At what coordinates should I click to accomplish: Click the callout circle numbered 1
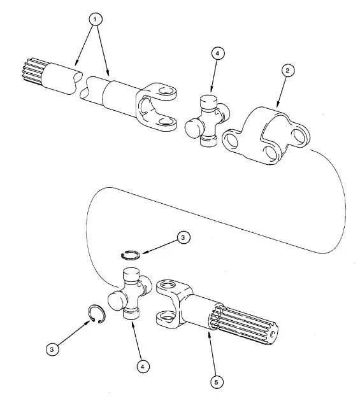coord(95,19)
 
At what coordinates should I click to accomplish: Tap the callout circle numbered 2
coord(287,70)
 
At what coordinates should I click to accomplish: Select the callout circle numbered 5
coord(217,382)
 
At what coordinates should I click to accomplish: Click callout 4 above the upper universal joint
coord(218,53)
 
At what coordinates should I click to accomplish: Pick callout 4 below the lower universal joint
coord(143,367)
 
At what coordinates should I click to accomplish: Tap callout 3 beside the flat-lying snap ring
coord(183,237)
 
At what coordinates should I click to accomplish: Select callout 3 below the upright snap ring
coord(52,349)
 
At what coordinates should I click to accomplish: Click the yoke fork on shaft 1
coord(156,107)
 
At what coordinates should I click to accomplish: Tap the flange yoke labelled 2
coord(266,136)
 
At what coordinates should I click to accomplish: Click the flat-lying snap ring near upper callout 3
coord(131,255)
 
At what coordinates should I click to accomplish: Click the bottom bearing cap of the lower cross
coord(131,313)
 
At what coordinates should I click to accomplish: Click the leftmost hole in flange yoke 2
coord(231,139)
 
